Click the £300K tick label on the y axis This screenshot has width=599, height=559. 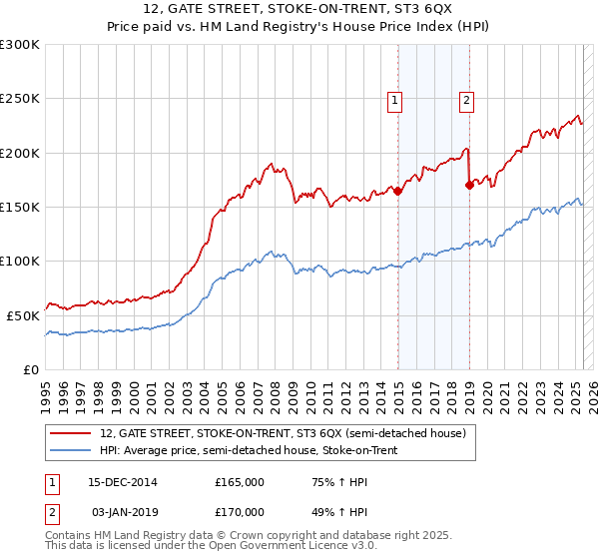click(x=19, y=45)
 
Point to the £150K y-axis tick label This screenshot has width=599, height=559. click(x=19, y=207)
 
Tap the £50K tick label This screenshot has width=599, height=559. click(x=23, y=314)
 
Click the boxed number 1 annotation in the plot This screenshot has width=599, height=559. click(x=396, y=100)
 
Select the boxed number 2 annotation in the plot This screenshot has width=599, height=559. click(x=466, y=100)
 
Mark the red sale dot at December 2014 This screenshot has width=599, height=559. click(x=397, y=191)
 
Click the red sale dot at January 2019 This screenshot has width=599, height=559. click(x=469, y=185)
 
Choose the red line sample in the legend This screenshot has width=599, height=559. click(x=69, y=433)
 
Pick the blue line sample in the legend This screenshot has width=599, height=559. click(x=69, y=450)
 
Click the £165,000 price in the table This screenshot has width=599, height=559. click(x=240, y=482)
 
